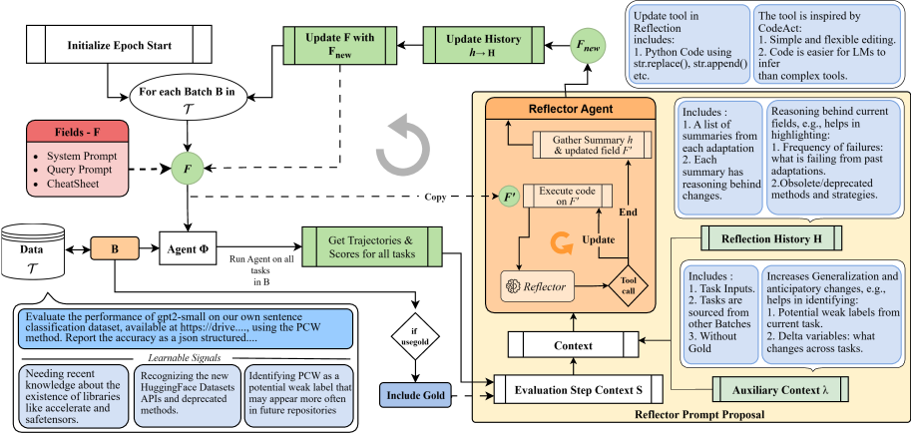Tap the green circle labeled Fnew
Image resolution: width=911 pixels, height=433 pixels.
pos(589,46)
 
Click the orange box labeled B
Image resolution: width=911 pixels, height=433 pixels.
pos(114,249)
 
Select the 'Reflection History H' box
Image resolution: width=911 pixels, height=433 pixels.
pos(771,238)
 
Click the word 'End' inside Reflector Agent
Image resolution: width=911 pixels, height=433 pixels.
pos(628,213)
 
